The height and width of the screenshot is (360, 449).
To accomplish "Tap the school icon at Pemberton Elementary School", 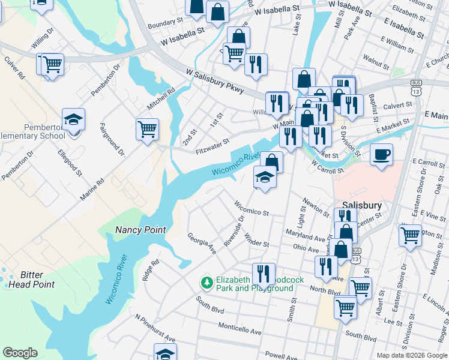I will point(73,120).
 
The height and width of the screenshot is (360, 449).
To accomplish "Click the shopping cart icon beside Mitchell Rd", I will point(147,128).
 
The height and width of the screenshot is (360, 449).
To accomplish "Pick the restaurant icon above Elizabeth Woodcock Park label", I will point(264,274).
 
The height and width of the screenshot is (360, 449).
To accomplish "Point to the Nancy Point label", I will point(140,230).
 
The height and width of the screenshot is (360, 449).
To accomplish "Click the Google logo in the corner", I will point(20,353).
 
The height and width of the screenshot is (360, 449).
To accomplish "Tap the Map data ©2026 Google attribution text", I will point(411,355).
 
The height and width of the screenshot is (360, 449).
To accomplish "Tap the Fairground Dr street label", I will point(112,140).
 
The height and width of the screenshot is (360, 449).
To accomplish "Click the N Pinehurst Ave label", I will point(155,328).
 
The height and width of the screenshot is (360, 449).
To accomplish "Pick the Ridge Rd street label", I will point(151,271).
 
